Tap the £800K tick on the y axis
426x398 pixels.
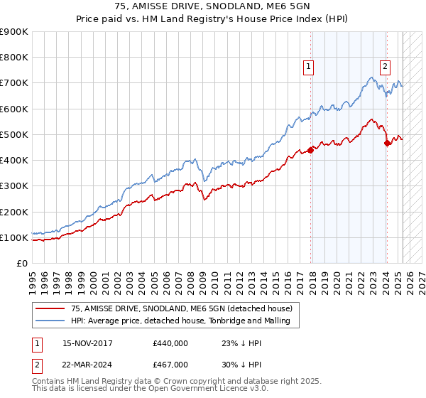(x=14, y=58)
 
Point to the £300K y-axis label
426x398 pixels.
(x=14, y=186)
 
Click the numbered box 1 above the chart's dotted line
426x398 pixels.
(x=310, y=68)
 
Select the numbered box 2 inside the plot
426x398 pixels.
(x=385, y=68)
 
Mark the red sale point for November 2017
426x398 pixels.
(x=311, y=150)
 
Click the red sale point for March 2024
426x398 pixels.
(x=387, y=143)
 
